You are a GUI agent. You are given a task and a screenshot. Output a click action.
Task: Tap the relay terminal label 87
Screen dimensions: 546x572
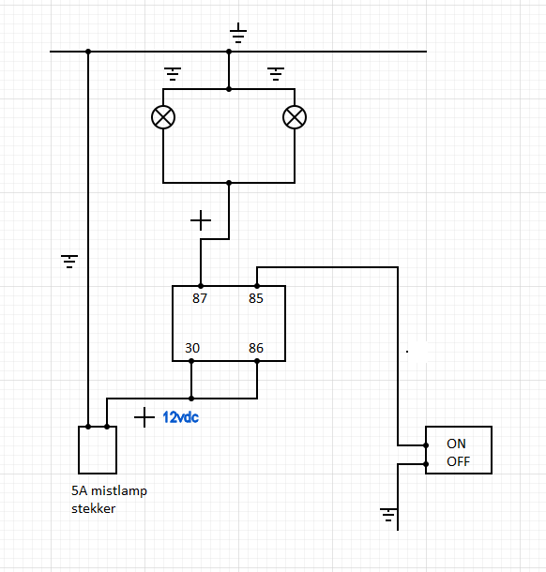point(200,298)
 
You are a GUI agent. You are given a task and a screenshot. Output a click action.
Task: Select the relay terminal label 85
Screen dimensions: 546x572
point(256,298)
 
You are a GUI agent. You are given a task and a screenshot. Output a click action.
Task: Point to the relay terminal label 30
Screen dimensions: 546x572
point(192,348)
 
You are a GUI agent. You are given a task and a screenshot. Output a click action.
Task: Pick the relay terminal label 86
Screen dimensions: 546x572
point(256,348)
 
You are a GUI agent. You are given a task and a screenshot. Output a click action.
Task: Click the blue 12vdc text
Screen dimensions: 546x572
point(181,417)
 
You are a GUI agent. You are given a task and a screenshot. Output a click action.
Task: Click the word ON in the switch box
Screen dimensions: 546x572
point(456,444)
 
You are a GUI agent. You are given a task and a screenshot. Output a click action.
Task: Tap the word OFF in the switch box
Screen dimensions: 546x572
point(459,461)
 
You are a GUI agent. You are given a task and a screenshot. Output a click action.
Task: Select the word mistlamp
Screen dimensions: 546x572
point(119,491)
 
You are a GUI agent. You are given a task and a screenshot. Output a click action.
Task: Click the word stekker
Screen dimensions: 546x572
point(94,508)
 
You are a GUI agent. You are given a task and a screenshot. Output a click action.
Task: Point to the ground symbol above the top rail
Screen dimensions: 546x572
point(238,33)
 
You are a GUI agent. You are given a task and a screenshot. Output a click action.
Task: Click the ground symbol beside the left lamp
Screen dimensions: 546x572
point(173,74)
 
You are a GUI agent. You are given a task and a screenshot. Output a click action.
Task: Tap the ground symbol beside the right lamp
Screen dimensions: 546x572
point(276,74)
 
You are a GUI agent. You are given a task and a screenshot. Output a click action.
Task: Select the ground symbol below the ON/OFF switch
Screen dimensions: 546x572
point(388,515)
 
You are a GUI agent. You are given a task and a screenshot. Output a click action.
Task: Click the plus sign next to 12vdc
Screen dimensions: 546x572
point(144,417)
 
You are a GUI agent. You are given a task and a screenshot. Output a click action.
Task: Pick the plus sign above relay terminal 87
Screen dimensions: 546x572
point(201,220)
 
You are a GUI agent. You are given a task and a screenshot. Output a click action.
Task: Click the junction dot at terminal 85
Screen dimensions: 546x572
point(257,286)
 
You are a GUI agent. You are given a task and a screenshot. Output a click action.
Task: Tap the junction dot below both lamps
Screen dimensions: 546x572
point(229,183)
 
